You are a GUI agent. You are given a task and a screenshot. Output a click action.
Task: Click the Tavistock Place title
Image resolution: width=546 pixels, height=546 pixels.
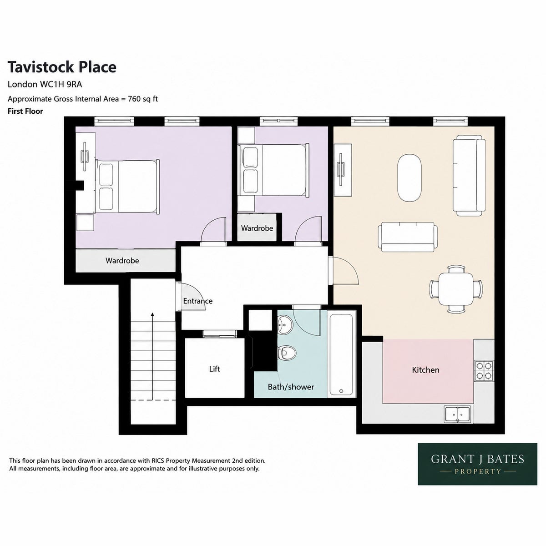(x=62, y=67)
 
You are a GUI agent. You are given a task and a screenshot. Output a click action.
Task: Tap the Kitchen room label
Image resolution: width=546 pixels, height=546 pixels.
(x=425, y=370)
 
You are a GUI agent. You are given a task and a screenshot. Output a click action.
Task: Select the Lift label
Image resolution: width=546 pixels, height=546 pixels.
(x=214, y=369)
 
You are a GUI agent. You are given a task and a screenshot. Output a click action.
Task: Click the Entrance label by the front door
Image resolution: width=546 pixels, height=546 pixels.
(x=197, y=301)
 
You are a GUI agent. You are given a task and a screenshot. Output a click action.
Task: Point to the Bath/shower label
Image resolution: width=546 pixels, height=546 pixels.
(x=291, y=387)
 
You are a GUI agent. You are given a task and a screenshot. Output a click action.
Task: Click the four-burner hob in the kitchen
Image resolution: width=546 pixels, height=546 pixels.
(x=484, y=371)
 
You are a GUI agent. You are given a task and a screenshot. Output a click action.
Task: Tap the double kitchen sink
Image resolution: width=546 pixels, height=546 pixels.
(x=458, y=414)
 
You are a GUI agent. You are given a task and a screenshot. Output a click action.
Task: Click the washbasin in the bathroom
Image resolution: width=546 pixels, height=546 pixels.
(x=284, y=325)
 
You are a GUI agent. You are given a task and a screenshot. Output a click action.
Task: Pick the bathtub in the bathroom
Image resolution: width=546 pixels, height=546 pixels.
(x=341, y=354)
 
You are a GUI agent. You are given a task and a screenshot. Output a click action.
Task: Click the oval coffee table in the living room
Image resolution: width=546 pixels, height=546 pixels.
(x=409, y=177)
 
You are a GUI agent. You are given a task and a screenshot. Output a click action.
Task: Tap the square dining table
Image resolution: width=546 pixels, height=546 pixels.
(x=456, y=289)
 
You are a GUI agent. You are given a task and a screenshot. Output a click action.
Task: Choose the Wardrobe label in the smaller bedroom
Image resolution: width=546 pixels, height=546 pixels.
(x=257, y=228)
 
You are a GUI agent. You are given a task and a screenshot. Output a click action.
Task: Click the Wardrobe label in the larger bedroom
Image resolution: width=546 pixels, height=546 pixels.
(x=122, y=260)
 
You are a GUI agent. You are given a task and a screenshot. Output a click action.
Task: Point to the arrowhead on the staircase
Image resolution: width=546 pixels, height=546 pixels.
(x=152, y=314)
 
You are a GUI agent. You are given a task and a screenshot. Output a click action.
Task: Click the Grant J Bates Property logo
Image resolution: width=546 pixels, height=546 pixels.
(x=477, y=464)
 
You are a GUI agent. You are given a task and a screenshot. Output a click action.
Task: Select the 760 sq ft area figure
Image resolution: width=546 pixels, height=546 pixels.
(x=143, y=99)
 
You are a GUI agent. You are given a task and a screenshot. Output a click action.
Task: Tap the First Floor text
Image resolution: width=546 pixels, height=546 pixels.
(x=25, y=111)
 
